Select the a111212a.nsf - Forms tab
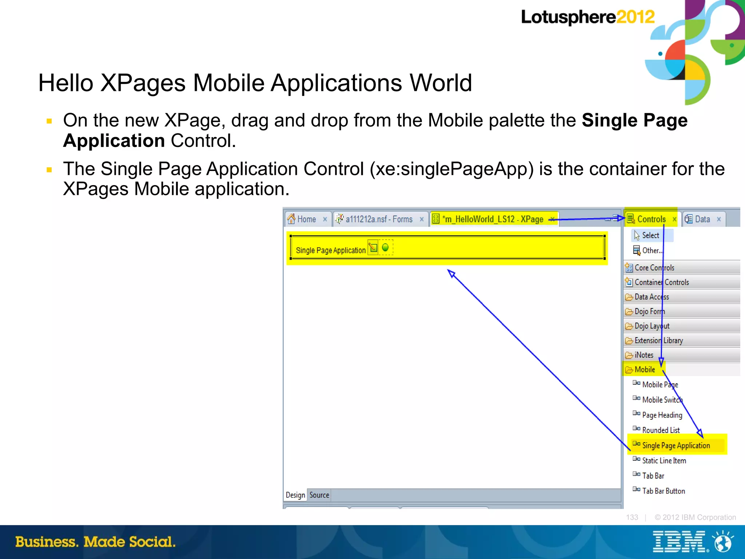pos(379,219)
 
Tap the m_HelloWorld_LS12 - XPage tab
pos(492,219)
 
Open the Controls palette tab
pos(651,219)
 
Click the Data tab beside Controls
pos(702,219)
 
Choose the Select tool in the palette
pos(650,235)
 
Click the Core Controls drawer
pos(654,268)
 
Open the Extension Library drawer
pos(658,340)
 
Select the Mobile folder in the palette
pos(645,370)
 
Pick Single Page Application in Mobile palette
pos(676,446)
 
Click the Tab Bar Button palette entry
pos(663,491)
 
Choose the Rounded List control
pos(661,430)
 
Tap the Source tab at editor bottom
pos(319,495)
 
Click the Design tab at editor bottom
pos(295,495)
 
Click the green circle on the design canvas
pos(385,248)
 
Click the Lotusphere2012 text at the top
pos(587,17)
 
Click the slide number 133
pos(632,517)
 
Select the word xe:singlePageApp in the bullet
pos(451,169)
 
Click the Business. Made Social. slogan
pos(95,542)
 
